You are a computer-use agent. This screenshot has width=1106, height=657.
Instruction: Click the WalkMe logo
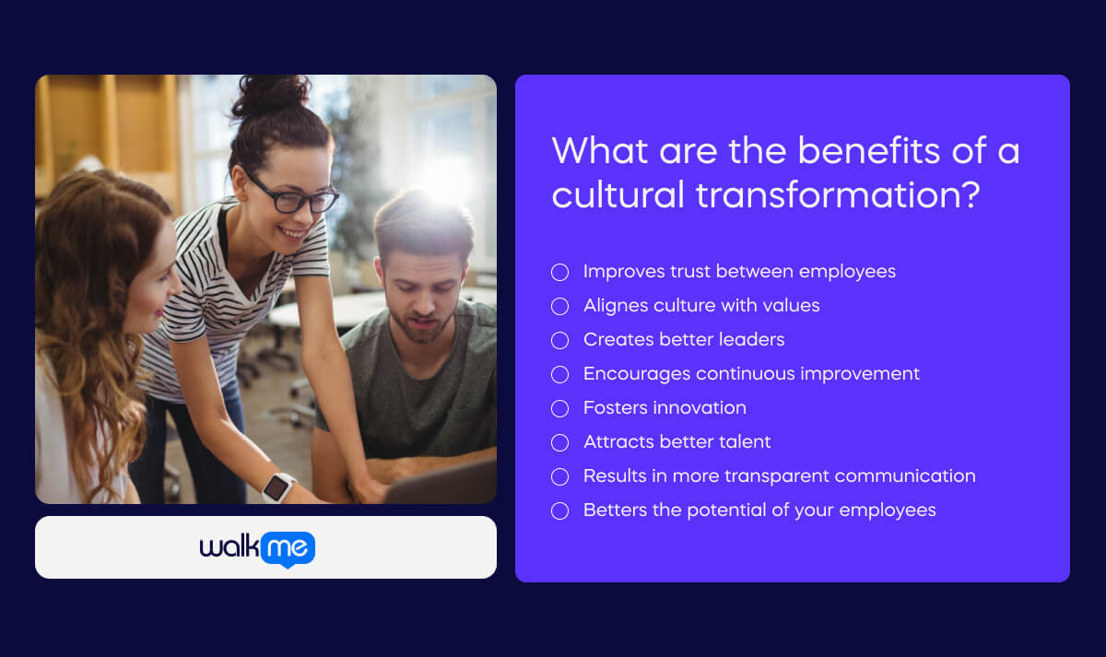click(x=258, y=548)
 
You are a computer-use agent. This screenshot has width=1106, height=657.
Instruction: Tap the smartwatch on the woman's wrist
click(x=278, y=487)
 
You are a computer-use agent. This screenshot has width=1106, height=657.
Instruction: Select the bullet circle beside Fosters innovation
click(x=559, y=408)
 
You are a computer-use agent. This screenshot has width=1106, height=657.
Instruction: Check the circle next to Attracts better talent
click(x=559, y=442)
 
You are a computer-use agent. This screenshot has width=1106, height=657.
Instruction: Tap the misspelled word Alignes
click(x=617, y=306)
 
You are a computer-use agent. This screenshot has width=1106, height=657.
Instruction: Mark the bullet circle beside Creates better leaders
click(x=559, y=340)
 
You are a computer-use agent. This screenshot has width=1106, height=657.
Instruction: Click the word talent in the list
click(x=742, y=442)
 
